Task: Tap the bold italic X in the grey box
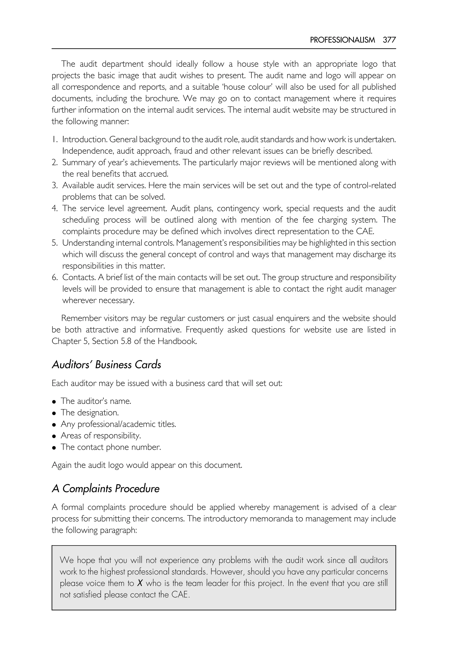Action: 140,583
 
